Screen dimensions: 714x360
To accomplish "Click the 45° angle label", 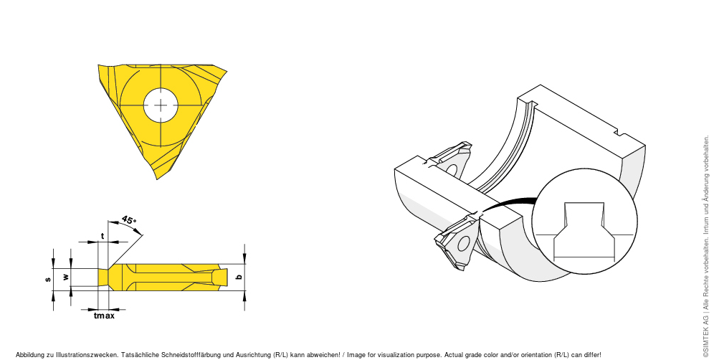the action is (x=129, y=220).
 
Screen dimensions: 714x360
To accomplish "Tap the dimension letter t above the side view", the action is (x=103, y=236).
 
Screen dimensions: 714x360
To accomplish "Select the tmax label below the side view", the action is (x=104, y=316).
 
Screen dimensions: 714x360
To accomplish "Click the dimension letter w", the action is (x=65, y=277).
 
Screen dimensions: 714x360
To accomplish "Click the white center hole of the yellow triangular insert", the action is (x=161, y=105).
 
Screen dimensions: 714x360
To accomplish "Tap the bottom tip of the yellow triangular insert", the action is (x=157, y=179).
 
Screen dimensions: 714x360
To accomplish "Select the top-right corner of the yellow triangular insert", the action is (x=227, y=70).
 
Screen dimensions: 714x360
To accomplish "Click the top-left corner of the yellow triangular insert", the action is (x=98, y=65).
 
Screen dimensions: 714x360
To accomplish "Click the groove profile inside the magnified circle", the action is (x=584, y=232).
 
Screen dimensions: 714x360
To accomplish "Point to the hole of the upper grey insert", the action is (x=451, y=169).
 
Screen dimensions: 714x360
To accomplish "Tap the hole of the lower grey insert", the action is (x=462, y=244).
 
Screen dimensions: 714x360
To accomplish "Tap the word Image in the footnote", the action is (x=356, y=354).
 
